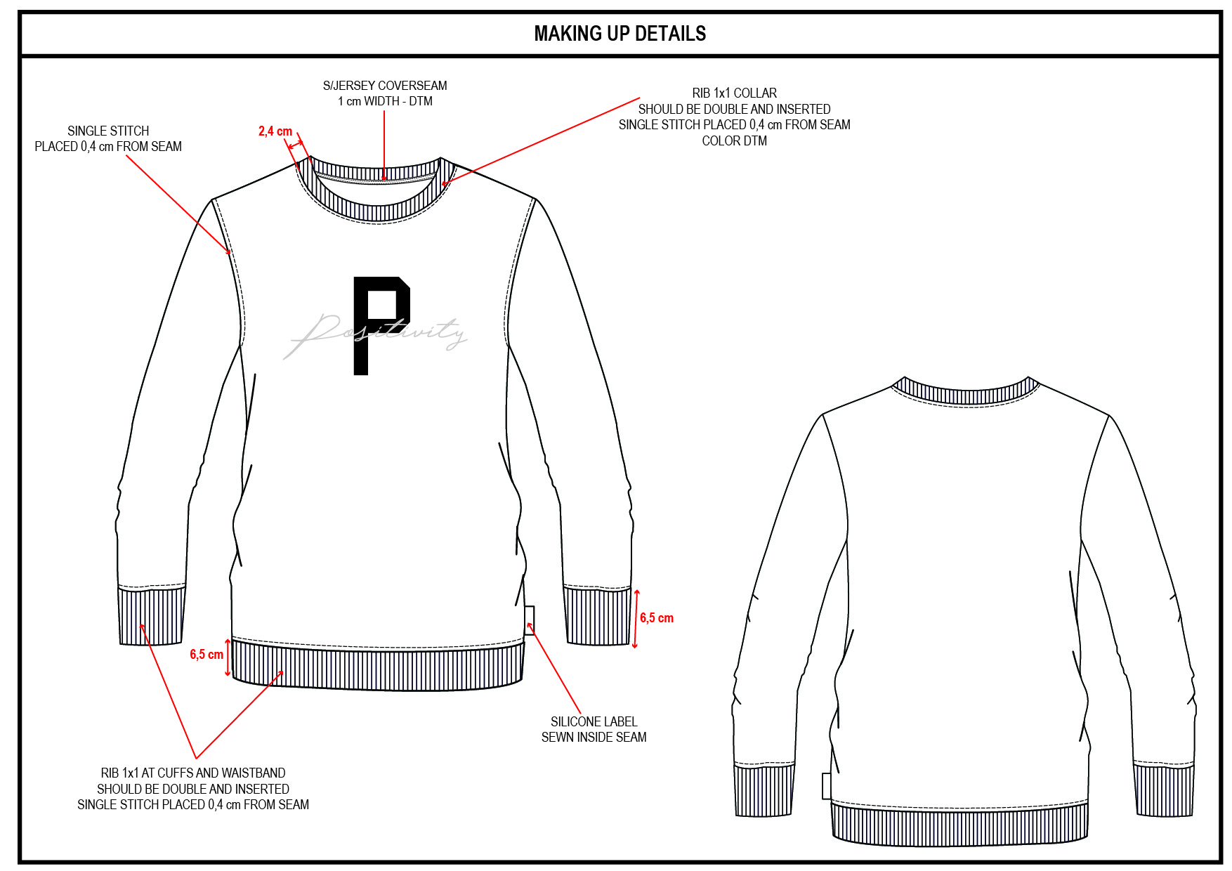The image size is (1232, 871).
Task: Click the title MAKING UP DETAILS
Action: tap(620, 34)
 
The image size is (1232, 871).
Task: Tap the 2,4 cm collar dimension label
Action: tap(275, 131)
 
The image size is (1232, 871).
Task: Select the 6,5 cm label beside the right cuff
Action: tap(657, 618)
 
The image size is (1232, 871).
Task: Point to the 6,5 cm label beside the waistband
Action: tap(207, 655)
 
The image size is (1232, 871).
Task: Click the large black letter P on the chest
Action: tap(379, 323)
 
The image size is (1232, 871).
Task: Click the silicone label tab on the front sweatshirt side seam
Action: tap(529, 620)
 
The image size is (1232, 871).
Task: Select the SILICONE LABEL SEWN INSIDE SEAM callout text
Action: tap(594, 729)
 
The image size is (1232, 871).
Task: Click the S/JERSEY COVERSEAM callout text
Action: tap(385, 93)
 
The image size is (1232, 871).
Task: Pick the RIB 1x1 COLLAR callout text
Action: tap(734, 117)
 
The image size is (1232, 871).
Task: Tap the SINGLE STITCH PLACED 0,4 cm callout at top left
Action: tap(108, 139)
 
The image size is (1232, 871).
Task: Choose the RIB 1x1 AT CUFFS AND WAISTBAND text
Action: tap(193, 789)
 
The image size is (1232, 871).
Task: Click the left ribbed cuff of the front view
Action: tap(151, 617)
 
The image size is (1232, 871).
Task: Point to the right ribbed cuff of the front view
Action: tap(598, 617)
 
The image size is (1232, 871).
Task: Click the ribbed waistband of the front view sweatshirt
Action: tap(378, 667)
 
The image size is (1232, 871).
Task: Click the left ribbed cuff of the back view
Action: tap(764, 790)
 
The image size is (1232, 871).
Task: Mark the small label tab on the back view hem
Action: tap(827, 786)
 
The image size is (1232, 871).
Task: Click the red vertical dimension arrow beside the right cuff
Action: tap(636, 618)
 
